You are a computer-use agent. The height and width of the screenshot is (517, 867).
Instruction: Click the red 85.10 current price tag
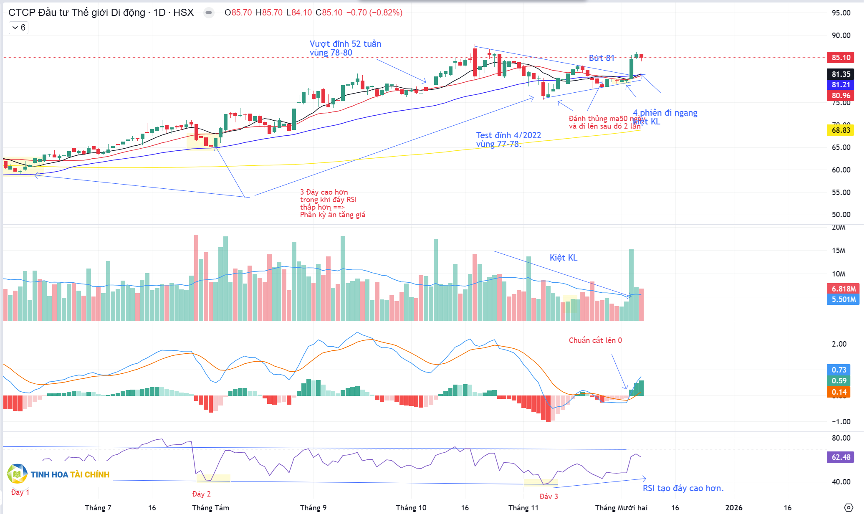point(840,58)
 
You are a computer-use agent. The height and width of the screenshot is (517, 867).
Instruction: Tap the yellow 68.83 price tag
point(840,130)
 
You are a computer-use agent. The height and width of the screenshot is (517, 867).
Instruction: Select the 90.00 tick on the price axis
point(841,35)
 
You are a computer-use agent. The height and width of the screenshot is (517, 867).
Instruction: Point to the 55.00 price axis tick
point(841,193)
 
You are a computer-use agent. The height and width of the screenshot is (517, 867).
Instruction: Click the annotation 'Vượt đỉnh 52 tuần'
point(345,44)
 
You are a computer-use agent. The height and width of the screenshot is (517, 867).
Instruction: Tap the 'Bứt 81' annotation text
point(601,58)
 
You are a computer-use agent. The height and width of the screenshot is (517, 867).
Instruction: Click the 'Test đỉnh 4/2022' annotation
point(508,135)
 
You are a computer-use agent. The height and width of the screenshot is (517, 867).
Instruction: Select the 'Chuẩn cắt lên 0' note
point(595,340)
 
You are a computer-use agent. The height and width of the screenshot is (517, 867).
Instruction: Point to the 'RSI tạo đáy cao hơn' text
point(683,488)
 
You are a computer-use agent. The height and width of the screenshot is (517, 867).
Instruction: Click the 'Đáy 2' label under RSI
point(201,494)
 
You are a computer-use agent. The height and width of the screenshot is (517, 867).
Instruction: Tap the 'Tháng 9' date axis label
point(313,508)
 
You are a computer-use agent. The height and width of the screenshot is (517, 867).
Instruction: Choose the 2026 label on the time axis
point(733,508)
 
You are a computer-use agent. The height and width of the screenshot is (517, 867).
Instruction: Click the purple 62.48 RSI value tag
point(840,457)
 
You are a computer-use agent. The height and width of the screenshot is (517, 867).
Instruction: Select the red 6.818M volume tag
point(843,289)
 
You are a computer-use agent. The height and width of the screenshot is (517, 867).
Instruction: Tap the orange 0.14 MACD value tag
point(839,392)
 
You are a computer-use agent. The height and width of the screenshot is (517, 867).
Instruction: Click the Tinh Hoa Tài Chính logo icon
point(17,474)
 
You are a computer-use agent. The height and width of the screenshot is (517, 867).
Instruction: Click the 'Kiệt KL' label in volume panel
point(563,258)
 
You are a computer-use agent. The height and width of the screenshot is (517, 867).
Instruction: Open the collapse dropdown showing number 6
point(18,28)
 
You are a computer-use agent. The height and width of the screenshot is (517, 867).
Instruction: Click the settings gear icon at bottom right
point(848,508)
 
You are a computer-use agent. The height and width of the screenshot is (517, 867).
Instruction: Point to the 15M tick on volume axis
point(838,251)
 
